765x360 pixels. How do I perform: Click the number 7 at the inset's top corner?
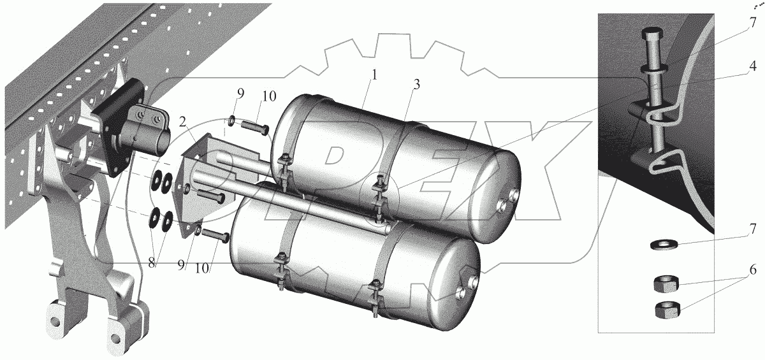[x=753, y=24]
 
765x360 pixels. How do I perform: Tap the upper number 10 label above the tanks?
[x=269, y=97]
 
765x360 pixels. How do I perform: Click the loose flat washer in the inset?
[x=664, y=244]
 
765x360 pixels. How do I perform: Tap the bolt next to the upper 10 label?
[x=255, y=129]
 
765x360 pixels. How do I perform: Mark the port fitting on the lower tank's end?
[x=461, y=292]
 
